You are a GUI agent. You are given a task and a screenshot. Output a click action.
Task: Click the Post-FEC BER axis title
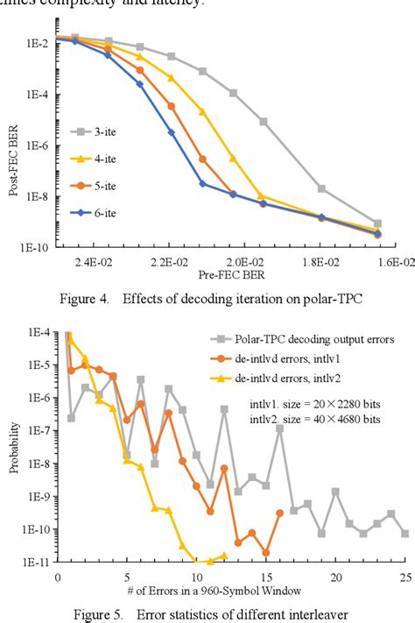[14, 158]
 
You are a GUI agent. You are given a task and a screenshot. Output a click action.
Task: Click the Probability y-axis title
[14, 447]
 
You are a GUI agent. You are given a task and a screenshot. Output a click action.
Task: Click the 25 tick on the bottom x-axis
[404, 576]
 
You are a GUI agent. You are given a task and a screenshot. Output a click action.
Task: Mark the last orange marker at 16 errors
[279, 513]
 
